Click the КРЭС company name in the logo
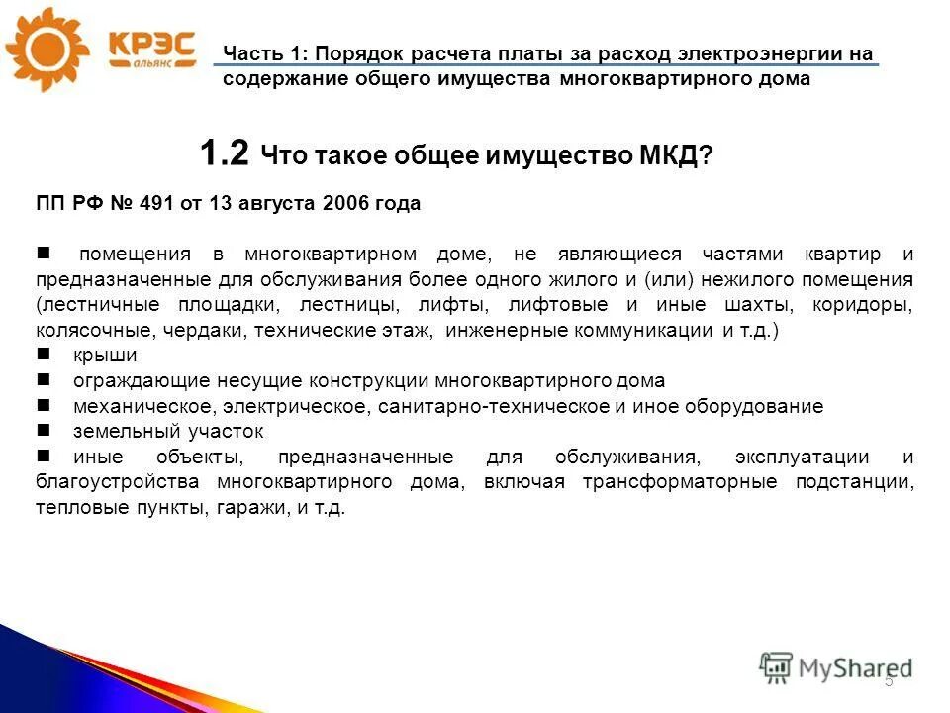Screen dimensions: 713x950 click(149, 44)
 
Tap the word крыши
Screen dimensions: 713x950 click(104, 355)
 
